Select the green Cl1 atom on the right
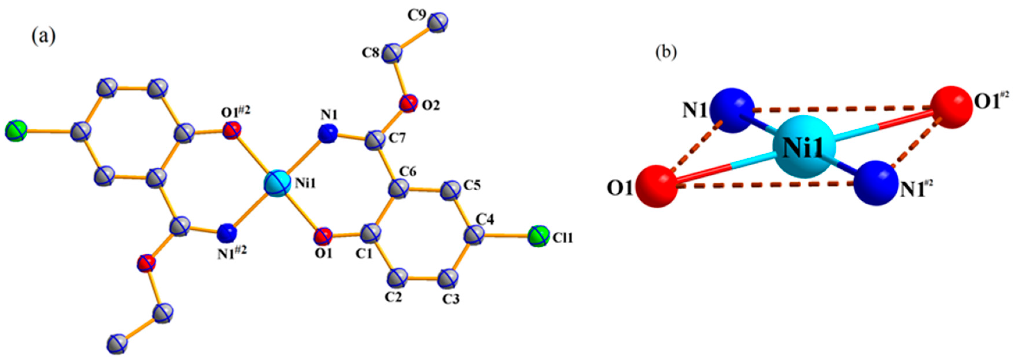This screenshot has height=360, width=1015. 538,236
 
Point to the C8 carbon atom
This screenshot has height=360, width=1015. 392,53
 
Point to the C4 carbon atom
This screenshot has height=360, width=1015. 474,236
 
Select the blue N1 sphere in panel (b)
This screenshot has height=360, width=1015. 731,110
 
